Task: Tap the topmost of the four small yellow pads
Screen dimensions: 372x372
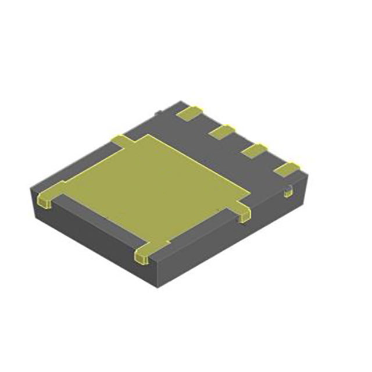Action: [191, 113]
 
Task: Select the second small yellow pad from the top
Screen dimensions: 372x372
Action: [221, 133]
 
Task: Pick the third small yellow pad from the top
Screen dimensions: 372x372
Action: [253, 151]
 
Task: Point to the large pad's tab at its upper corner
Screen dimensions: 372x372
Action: [121, 140]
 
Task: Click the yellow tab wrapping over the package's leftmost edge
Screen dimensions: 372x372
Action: [49, 195]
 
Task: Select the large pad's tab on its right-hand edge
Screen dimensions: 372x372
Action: [242, 213]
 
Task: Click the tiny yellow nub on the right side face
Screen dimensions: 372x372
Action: [288, 190]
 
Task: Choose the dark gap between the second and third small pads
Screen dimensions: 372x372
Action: [237, 142]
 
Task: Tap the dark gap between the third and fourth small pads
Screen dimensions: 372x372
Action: [270, 160]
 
